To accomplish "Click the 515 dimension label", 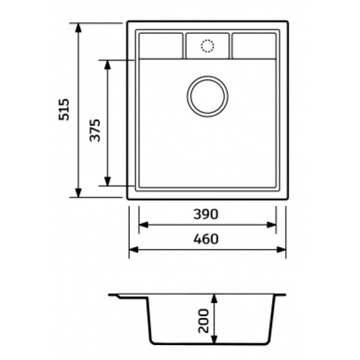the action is pyautogui.click(x=64, y=110).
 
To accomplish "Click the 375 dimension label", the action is pyautogui.click(x=95, y=130).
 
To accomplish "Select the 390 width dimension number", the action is pyautogui.click(x=206, y=214).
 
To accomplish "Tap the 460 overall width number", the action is pyautogui.click(x=206, y=239).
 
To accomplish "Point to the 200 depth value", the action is pyautogui.click(x=203, y=321).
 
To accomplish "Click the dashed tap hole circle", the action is pyautogui.click(x=208, y=46).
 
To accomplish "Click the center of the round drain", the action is pyautogui.click(x=208, y=97).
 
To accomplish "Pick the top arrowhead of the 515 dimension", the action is pyautogui.click(x=79, y=28).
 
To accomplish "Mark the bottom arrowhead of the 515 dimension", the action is pyautogui.click(x=79, y=193).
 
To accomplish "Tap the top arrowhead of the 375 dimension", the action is pyautogui.click(x=107, y=65).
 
